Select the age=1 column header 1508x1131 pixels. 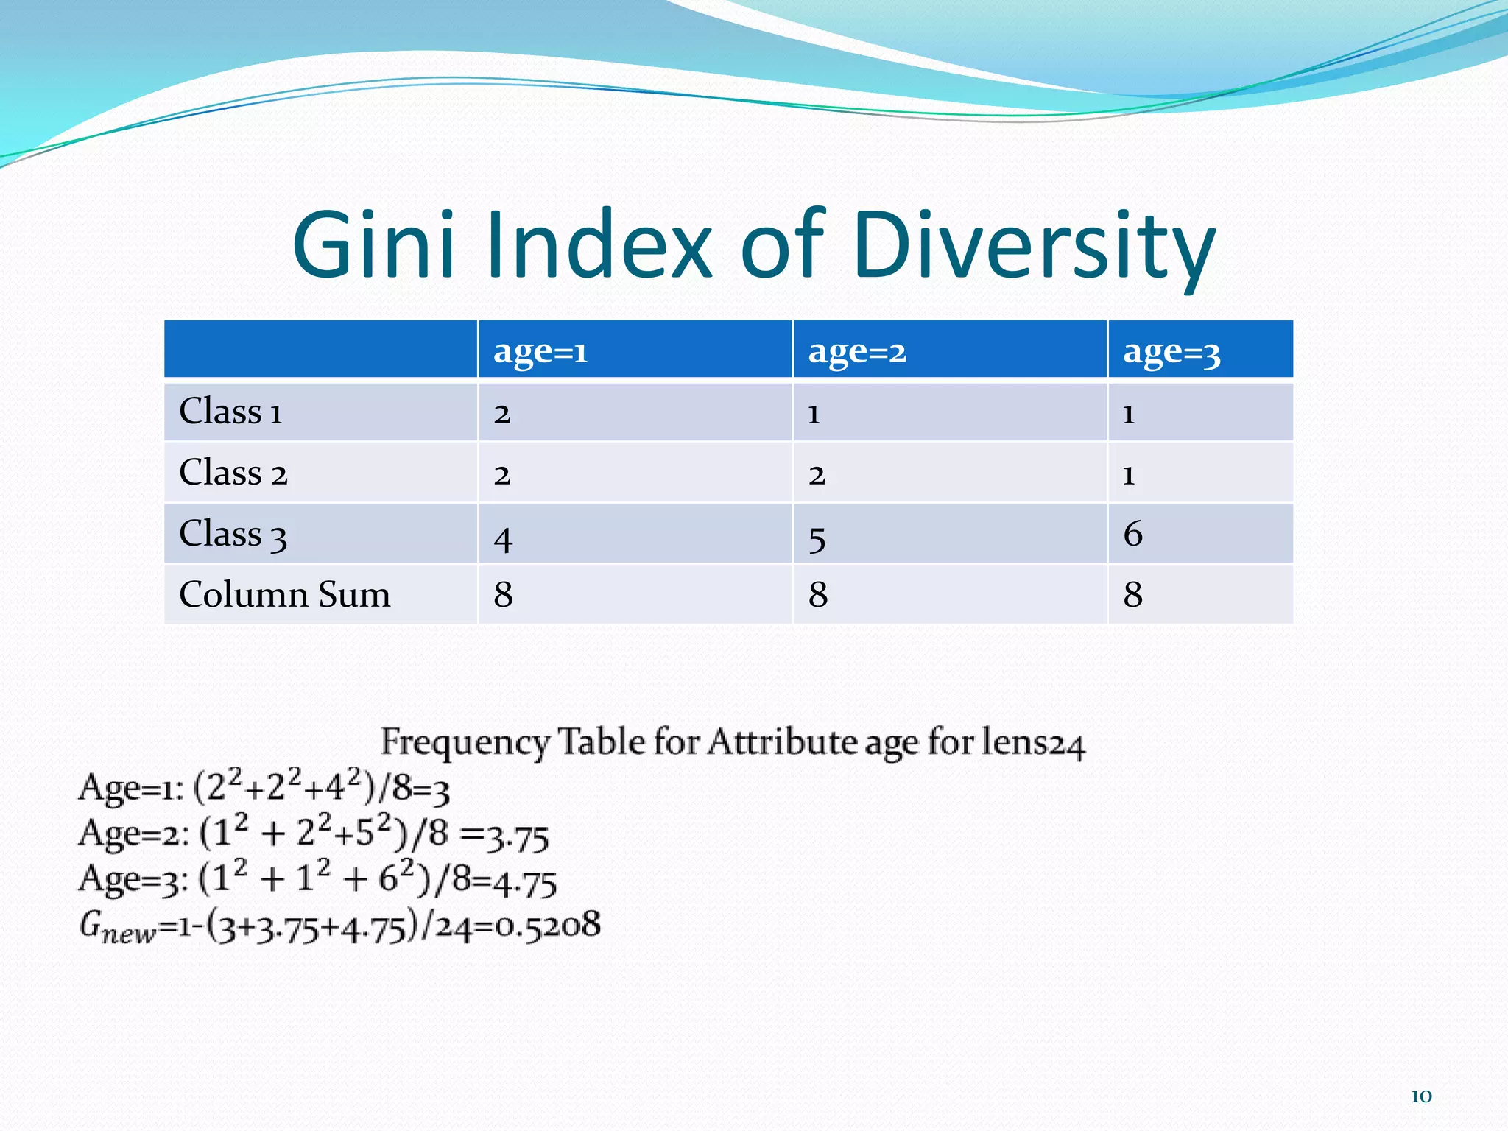tap(540, 351)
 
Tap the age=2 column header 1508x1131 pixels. tap(857, 351)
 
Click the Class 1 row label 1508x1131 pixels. tap(230, 412)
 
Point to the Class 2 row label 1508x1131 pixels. tap(233, 473)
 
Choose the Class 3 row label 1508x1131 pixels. tap(233, 534)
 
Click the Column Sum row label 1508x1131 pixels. tap(284, 594)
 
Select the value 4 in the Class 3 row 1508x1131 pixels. tap(503, 539)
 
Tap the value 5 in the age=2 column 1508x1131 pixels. tap(817, 539)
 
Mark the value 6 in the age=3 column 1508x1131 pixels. tap(1132, 534)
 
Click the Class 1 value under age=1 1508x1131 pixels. tap(502, 414)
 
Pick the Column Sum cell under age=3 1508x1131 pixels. tap(1132, 594)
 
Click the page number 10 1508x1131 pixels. tap(1421, 1096)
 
